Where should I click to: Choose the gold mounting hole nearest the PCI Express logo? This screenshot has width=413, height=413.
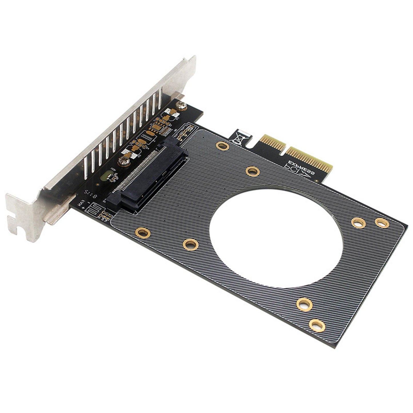pos(253,171)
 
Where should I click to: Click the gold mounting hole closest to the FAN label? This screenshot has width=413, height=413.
pos(143,233)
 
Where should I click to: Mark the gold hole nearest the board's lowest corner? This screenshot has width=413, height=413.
pos(317,326)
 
